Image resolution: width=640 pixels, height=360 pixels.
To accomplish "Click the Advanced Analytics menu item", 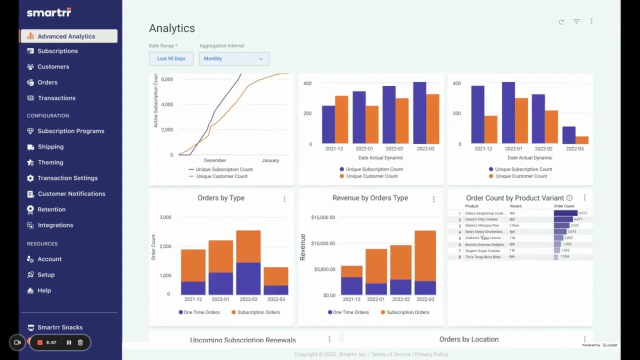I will tap(66, 36).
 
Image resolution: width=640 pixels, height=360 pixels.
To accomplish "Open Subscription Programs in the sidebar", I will tap(70, 131).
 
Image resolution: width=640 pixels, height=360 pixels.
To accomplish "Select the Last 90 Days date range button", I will tap(171, 58).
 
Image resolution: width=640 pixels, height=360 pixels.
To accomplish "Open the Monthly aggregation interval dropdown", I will tap(233, 58).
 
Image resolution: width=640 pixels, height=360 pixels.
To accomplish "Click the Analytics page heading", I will tap(172, 28).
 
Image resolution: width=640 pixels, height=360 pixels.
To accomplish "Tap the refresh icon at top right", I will tap(561, 22).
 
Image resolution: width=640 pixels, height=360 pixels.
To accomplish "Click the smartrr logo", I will tap(49, 12).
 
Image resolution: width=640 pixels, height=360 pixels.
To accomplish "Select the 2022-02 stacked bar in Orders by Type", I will tap(248, 262).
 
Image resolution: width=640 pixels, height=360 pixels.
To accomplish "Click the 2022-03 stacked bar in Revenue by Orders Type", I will tap(425, 262).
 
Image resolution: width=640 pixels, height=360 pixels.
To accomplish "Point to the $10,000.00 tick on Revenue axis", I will tap(323, 243).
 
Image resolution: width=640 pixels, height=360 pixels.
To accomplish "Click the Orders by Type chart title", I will tap(220, 198).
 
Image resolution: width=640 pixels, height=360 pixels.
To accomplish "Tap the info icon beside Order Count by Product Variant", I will tap(569, 198).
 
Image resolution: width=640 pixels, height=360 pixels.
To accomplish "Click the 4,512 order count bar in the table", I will tap(565, 213).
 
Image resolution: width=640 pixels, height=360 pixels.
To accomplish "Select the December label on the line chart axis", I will tap(214, 160).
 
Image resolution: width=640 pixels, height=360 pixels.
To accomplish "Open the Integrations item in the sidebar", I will tap(55, 225).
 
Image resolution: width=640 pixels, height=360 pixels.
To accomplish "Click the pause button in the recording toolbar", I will tap(69, 342).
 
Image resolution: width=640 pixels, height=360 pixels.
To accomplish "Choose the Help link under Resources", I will tap(44, 290).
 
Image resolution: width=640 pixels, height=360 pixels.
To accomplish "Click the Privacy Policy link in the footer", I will tap(431, 354).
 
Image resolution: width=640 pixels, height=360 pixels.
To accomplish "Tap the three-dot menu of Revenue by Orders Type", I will tap(433, 199).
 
